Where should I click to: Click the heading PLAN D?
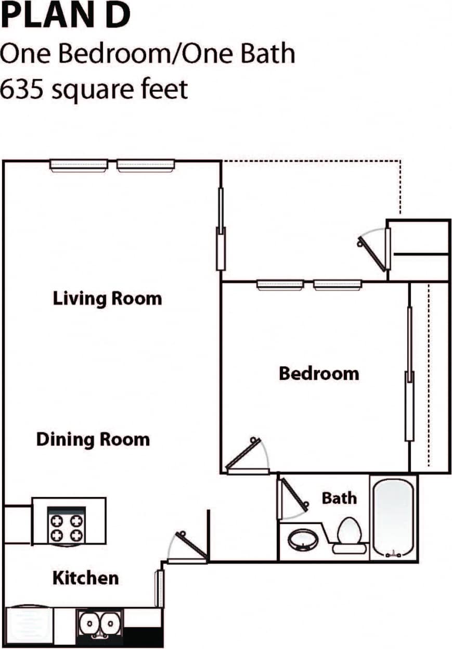point(64,15)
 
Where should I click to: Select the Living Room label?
point(107,299)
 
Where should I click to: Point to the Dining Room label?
point(93,439)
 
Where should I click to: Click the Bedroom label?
point(318,373)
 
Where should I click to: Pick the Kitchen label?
point(85,578)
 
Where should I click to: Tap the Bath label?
point(339,498)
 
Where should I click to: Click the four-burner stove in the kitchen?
point(66,527)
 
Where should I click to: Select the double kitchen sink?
point(99,622)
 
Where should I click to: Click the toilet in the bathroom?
point(348,533)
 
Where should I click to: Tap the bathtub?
point(394,519)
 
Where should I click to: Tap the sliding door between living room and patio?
point(221,229)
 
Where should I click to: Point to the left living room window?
point(79,165)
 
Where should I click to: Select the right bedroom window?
point(337,285)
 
